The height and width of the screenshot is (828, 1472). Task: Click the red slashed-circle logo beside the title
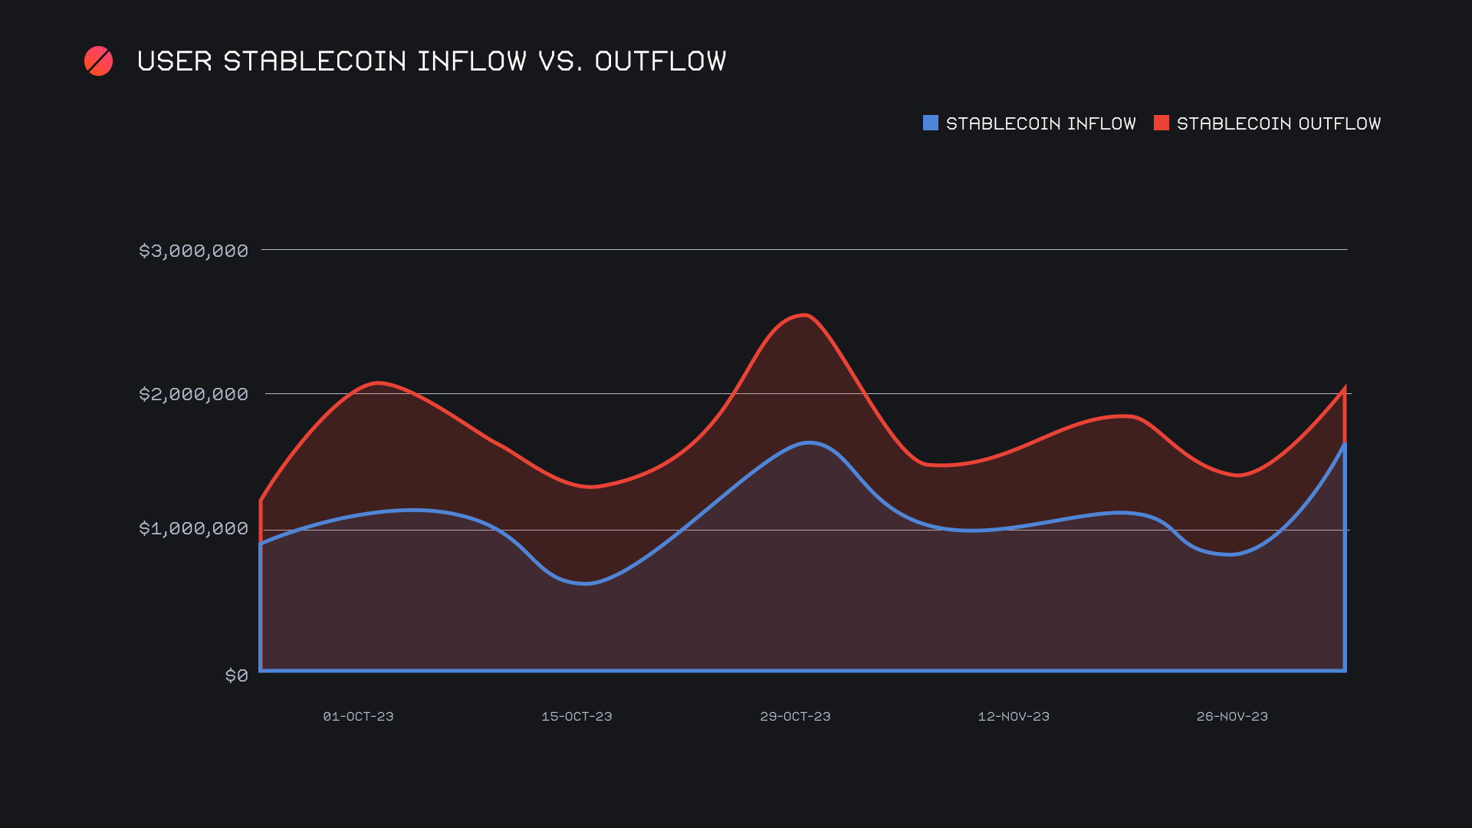(98, 61)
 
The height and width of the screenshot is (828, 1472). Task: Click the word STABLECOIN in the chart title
(314, 61)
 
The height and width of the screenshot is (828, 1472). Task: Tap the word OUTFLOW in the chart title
(660, 61)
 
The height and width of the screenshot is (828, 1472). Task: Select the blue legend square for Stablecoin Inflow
(930, 123)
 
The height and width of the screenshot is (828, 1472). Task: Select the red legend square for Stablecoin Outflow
(1161, 123)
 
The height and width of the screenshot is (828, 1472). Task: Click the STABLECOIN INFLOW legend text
(1040, 123)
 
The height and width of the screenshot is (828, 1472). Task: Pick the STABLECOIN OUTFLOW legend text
(1278, 123)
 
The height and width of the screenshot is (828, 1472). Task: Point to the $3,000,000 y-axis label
(193, 251)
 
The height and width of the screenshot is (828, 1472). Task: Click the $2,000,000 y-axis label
(193, 394)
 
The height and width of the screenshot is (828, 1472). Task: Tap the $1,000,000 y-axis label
(193, 528)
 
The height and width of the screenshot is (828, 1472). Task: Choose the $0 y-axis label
(236, 675)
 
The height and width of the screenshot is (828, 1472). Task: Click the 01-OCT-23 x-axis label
(358, 716)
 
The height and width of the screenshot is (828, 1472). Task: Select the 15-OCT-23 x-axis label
(577, 716)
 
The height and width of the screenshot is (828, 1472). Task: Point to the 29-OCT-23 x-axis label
(795, 716)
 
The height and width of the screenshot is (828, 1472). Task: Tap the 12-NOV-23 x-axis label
(1014, 716)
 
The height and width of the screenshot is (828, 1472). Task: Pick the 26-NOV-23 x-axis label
(1232, 716)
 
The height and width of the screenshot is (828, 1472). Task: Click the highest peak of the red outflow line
(804, 315)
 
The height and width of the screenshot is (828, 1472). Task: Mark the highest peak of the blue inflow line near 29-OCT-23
(808, 442)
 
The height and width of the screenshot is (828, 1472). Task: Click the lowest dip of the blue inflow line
(586, 583)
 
